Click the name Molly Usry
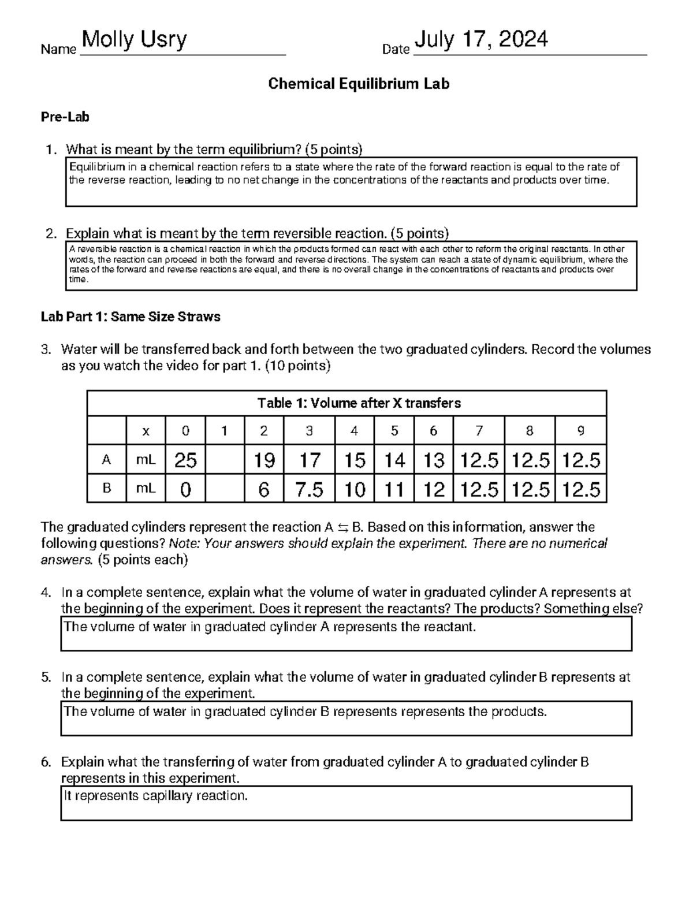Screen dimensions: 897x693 pyautogui.click(x=135, y=40)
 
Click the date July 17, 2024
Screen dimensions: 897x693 pyautogui.click(x=481, y=40)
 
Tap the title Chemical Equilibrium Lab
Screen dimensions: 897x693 pyautogui.click(x=359, y=84)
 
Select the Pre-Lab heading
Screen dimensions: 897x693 pyautogui.click(x=65, y=117)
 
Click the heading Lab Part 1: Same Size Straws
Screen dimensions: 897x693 pyautogui.click(x=131, y=317)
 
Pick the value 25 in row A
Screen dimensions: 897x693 pyautogui.click(x=185, y=460)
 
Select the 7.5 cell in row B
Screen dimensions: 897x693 pyautogui.click(x=309, y=490)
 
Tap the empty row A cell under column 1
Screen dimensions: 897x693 pyautogui.click(x=223, y=460)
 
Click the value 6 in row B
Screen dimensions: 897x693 pyautogui.click(x=263, y=490)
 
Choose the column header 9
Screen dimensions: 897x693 pyautogui.click(x=580, y=431)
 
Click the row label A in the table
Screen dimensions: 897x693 pyautogui.click(x=106, y=460)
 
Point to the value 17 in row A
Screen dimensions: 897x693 pyautogui.click(x=309, y=460)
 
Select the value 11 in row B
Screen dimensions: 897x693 pyautogui.click(x=394, y=490)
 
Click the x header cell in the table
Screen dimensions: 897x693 pyautogui.click(x=146, y=431)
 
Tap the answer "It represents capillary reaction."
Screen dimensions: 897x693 pyautogui.click(x=155, y=796)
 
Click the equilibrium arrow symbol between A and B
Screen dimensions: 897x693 pyautogui.click(x=342, y=527)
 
